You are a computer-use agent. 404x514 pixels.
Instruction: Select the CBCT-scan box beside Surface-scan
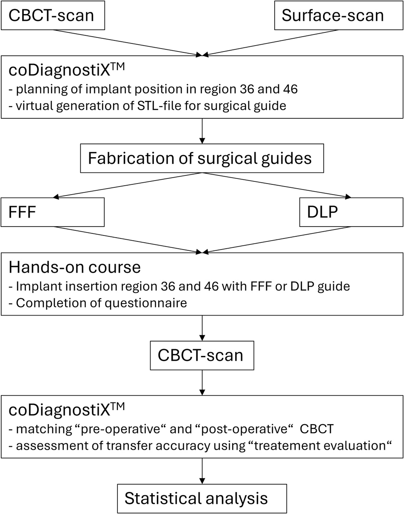coord(52,15)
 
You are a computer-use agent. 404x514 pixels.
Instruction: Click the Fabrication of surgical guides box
coord(202,158)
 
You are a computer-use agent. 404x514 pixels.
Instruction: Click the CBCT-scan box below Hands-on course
coord(202,355)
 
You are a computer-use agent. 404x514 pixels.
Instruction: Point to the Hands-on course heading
coord(75,267)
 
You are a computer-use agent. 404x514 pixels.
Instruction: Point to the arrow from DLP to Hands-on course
coord(276,239)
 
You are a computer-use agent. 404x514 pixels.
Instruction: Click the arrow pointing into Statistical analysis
coord(202,473)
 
